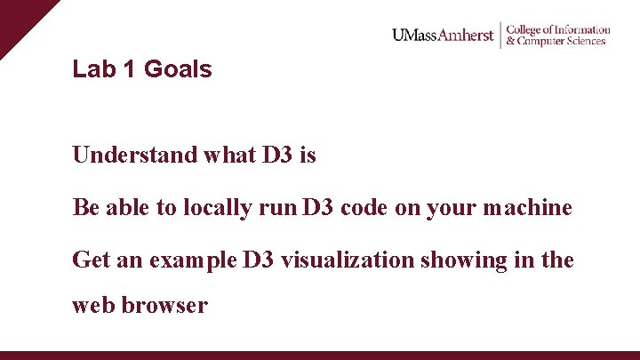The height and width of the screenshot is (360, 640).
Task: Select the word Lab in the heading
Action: [x=94, y=69]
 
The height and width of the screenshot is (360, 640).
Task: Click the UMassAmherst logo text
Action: [x=442, y=36]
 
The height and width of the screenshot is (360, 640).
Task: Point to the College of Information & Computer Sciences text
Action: [x=557, y=36]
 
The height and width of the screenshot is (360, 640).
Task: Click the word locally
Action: [x=217, y=208]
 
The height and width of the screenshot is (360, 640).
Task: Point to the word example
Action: [x=193, y=260]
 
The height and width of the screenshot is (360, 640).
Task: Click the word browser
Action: [x=165, y=306]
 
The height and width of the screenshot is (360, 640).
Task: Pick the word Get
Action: [x=89, y=260]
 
